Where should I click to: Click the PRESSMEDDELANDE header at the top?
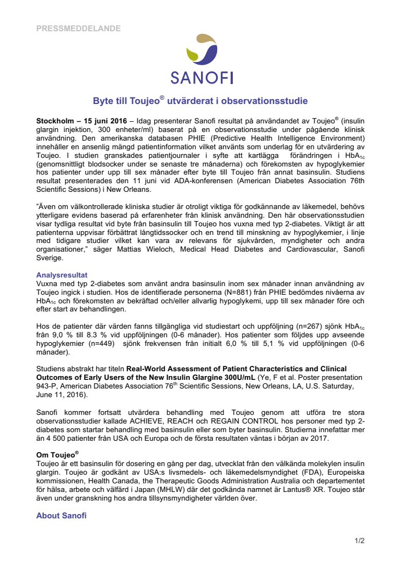[78, 29]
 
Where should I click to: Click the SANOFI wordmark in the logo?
[202, 78]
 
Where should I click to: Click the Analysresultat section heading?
[62, 275]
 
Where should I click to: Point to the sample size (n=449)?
[103, 344]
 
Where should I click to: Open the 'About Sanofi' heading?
[61, 516]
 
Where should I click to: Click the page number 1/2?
[359, 540]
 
